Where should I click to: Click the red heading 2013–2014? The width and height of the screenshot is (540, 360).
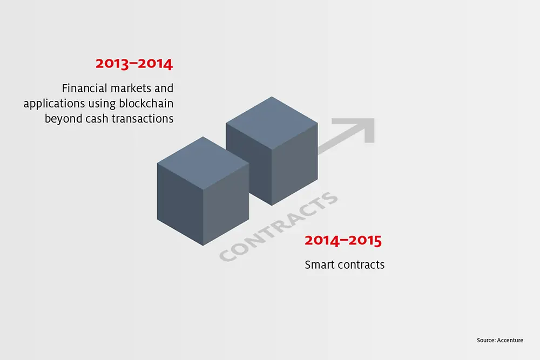point(134,64)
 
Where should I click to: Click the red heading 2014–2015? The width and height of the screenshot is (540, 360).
point(343,240)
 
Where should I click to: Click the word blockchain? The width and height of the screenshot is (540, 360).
point(146,103)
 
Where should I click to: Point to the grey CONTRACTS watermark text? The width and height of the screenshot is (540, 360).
point(278,227)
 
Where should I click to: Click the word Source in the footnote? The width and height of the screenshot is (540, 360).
point(486,340)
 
